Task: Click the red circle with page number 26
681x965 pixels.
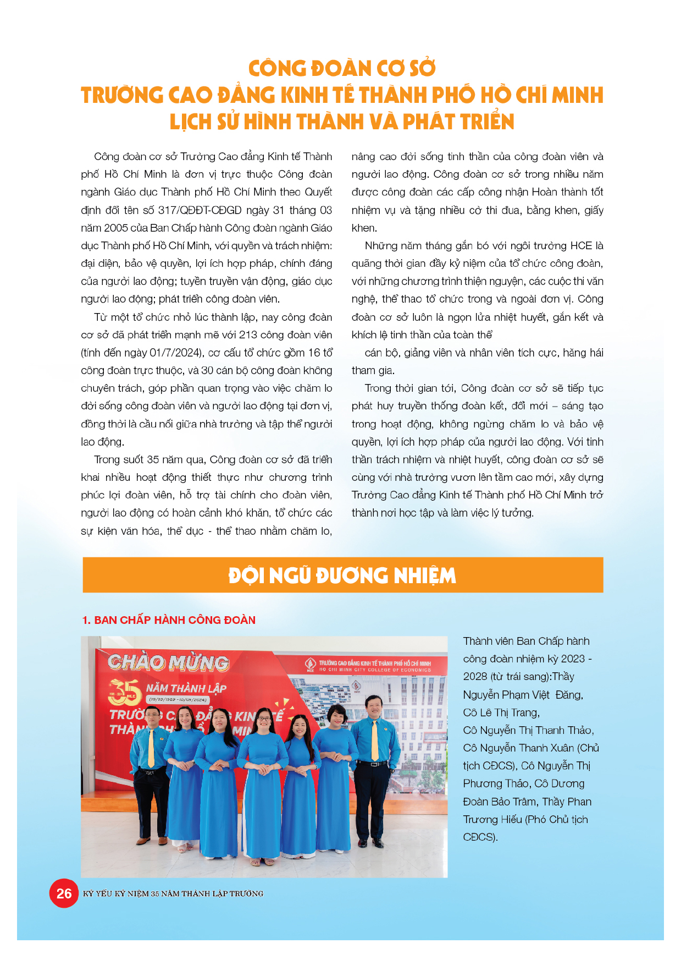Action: [64, 893]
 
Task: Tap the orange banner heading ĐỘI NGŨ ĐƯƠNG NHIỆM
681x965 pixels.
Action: [342, 575]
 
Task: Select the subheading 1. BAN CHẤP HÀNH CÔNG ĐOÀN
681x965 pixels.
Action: [169, 620]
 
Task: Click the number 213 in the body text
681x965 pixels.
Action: [248, 335]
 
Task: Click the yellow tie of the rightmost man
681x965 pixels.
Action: [375, 740]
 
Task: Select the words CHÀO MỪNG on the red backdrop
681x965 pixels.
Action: [168, 663]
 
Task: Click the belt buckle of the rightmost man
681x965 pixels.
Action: [374, 764]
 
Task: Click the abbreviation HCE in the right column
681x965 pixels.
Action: [581, 246]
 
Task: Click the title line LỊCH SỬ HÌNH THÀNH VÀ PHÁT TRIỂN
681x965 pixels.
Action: [342, 122]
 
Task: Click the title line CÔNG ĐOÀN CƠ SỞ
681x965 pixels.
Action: [342, 69]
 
